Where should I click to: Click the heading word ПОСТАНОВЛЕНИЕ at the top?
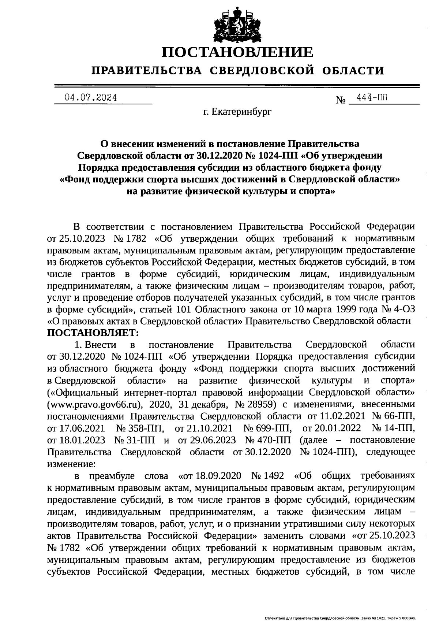pos(237,52)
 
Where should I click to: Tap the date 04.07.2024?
pos(90,98)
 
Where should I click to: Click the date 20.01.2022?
pos(338,428)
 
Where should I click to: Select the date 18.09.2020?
pos(218,476)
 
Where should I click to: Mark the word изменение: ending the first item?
pos(71,464)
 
